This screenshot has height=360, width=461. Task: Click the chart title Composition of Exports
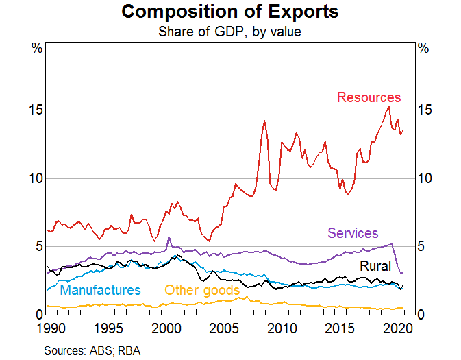tap(230, 12)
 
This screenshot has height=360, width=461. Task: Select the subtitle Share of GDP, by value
tap(230, 31)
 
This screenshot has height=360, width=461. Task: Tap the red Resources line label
tap(369, 97)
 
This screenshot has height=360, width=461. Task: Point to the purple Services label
tap(353, 233)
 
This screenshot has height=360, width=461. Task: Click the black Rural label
tap(375, 266)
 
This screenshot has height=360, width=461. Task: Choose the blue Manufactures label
tap(101, 290)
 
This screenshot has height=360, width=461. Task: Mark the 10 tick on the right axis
tap(426, 178)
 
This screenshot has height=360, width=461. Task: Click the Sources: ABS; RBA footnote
tap(92, 350)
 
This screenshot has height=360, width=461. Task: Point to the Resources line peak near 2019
tap(389, 106)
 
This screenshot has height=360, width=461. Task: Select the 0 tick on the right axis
tap(423, 314)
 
